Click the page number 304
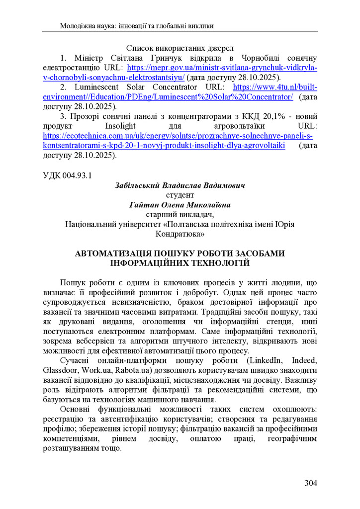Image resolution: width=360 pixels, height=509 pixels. click(310, 483)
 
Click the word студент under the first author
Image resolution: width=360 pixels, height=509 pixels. click(180, 195)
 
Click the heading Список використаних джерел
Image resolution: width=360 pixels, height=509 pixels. click(180, 49)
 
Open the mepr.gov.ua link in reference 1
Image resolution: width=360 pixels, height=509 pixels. click(222, 68)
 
